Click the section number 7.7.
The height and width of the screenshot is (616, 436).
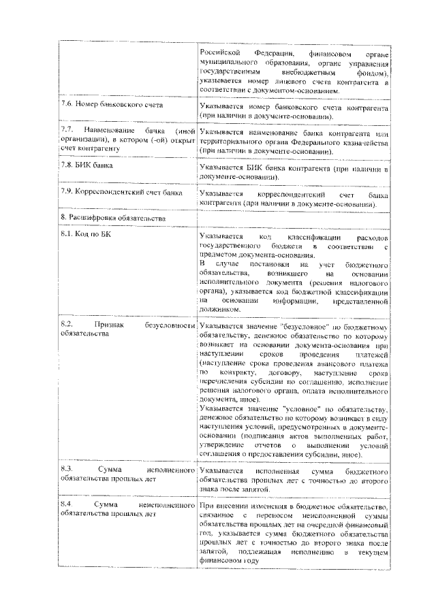[67, 129]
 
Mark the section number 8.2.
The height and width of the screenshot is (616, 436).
[67, 325]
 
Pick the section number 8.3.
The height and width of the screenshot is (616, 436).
[67, 470]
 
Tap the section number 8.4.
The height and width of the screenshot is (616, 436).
[67, 506]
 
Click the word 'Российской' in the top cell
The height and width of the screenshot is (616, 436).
[222, 52]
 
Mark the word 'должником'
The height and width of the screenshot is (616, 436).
[221, 309]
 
